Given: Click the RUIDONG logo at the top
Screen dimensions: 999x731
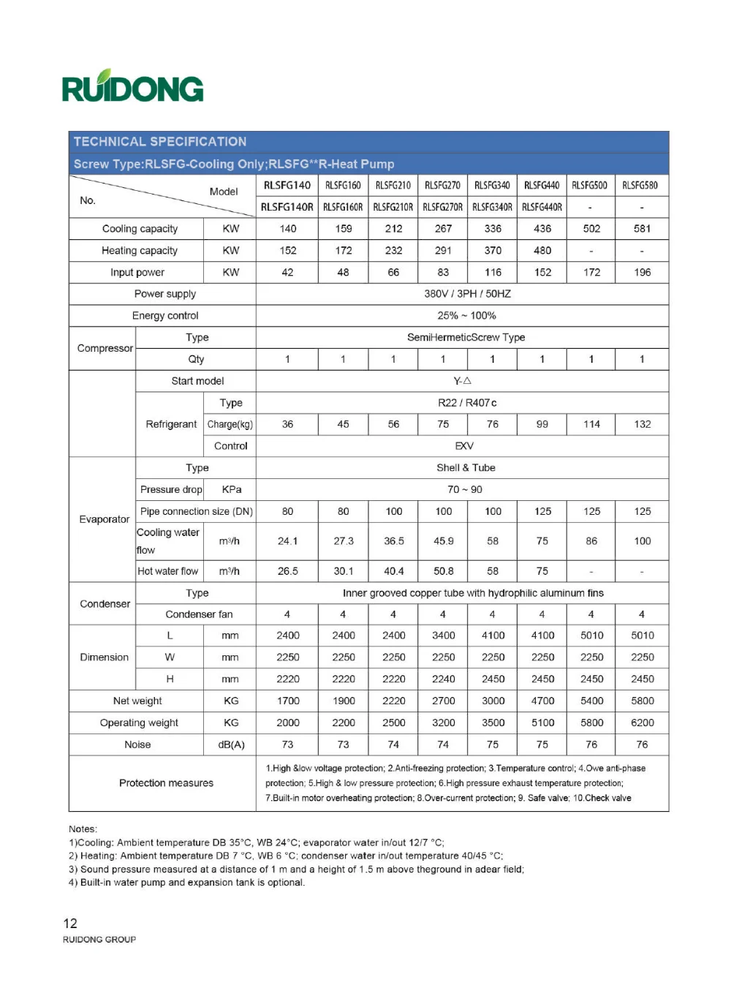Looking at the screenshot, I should (132, 87).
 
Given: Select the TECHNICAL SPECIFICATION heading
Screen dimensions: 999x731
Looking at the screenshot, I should (160, 142).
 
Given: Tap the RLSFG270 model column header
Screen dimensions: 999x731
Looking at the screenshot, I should (442, 186).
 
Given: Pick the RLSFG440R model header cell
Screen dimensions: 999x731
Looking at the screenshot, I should (542, 208).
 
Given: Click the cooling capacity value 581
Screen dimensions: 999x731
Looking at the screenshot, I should (642, 229).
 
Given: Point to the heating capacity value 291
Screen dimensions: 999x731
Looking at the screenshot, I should (443, 251).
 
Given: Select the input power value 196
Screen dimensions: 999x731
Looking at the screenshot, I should (642, 273).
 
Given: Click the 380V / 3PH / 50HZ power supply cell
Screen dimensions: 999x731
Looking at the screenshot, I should (467, 294).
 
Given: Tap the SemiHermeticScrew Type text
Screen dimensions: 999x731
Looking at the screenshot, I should (466, 338).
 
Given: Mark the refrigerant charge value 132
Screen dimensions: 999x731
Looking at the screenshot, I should (642, 425).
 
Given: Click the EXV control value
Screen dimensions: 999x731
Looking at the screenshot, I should (464, 446).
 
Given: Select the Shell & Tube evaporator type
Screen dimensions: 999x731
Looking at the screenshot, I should (466, 468).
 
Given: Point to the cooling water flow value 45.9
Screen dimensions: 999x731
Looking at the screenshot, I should (443, 542).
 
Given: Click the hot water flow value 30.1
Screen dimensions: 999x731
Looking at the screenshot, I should (343, 572).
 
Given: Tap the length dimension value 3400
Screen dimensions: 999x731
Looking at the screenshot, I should (443, 636).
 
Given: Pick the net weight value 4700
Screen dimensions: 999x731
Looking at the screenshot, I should (542, 701).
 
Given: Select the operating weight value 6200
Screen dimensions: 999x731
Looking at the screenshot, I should (642, 723).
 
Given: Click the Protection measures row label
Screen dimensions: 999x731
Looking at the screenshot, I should (166, 783).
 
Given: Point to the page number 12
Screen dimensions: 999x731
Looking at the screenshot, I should (70, 924).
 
